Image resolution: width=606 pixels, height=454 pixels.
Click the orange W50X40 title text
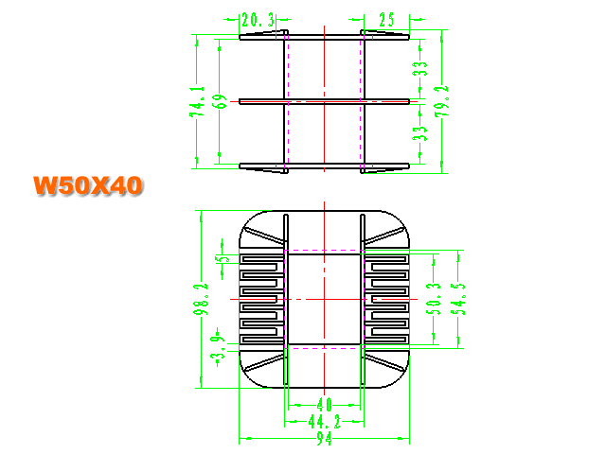click(x=88, y=185)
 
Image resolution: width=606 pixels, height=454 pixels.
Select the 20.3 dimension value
click(x=258, y=20)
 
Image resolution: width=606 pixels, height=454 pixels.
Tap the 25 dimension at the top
click(x=386, y=20)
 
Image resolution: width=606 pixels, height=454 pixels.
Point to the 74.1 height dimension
click(x=197, y=101)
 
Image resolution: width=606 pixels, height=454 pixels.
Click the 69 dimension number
click(x=221, y=101)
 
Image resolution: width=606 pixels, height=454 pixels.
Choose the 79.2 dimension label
click(x=442, y=101)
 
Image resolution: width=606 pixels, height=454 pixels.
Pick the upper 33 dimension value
click(x=419, y=69)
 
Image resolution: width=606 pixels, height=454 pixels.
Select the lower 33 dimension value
click(x=419, y=133)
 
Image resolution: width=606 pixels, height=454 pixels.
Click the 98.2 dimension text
click(x=201, y=299)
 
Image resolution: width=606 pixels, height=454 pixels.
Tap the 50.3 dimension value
click(x=434, y=299)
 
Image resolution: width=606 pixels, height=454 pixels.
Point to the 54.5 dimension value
click(x=458, y=299)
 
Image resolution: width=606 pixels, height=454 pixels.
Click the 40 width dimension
click(x=324, y=405)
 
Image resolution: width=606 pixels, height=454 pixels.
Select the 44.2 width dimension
click(x=325, y=422)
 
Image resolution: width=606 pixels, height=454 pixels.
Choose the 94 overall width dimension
click(x=324, y=438)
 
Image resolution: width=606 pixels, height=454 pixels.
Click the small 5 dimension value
click(x=223, y=258)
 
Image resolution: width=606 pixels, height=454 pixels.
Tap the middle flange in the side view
click(x=324, y=101)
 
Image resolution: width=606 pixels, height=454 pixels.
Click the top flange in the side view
click(x=324, y=37)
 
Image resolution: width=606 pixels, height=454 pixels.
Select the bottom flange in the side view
click(x=324, y=166)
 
